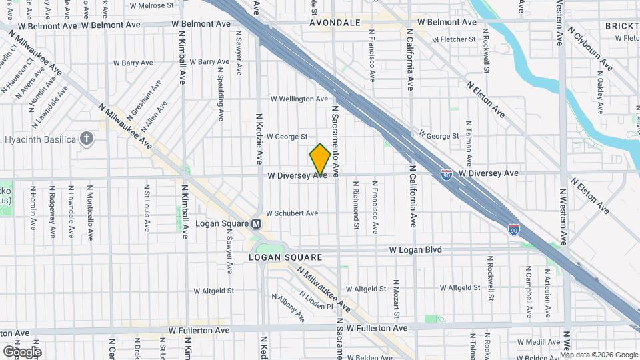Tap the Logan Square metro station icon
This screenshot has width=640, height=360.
pos(256,225)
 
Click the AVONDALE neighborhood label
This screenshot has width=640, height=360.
pos(335,23)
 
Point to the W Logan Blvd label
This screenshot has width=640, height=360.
pos(415,250)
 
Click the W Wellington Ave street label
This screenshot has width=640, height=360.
pos(299,99)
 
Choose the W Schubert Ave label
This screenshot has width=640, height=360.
pos(292,213)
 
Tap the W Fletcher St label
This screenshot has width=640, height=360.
pos(453,39)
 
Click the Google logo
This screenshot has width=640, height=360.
pos(21,351)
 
